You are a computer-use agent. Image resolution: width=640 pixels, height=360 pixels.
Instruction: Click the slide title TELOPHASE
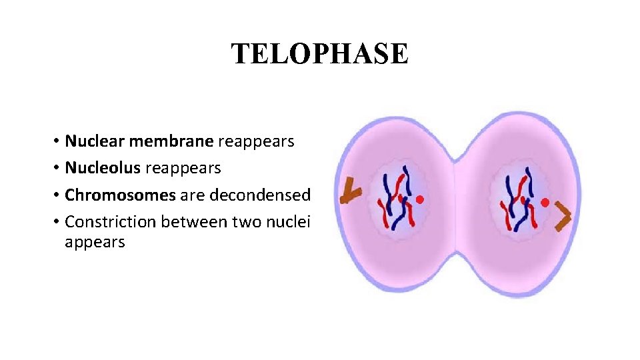[319, 53]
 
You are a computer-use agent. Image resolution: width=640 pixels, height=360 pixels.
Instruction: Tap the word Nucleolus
[103, 168]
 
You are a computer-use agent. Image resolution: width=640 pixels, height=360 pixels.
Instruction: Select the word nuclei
[288, 221]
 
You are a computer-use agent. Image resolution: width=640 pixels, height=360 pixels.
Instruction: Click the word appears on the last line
[95, 241]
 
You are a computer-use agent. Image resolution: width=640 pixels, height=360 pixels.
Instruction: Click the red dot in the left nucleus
[420, 199]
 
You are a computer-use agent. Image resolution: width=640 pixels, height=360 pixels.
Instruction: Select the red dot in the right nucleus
[545, 201]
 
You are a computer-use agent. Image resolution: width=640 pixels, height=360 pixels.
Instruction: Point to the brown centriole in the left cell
[349, 193]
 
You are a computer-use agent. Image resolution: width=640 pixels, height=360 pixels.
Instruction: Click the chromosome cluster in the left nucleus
[396, 200]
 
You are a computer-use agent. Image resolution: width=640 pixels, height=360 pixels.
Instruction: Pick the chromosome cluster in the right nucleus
[520, 200]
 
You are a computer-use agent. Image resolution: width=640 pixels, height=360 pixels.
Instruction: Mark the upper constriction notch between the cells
[455, 160]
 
